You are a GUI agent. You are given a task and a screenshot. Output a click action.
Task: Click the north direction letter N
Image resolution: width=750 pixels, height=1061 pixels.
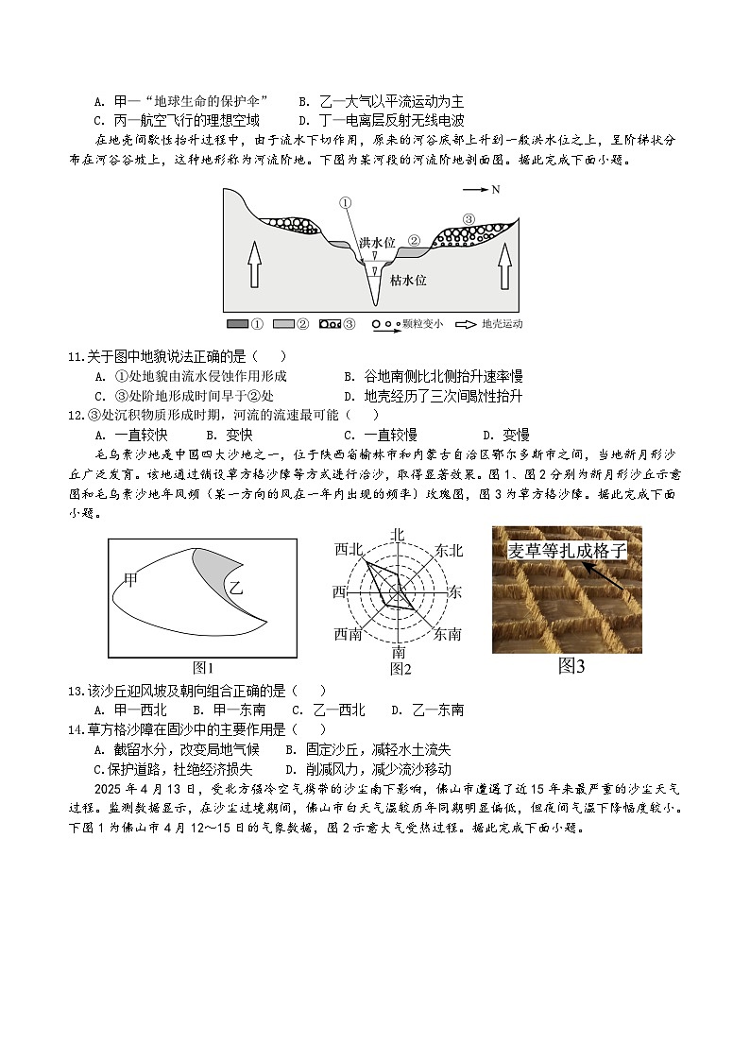(x=496, y=190)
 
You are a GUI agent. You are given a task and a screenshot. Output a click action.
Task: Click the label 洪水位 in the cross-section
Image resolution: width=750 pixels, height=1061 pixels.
(x=376, y=243)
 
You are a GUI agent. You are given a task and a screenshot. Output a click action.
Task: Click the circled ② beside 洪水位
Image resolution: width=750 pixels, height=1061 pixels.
(x=413, y=240)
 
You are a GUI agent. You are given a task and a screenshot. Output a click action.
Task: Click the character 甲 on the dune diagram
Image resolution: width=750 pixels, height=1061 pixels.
(x=130, y=578)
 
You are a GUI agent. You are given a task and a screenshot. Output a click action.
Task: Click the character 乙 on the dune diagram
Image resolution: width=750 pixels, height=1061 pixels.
(x=236, y=588)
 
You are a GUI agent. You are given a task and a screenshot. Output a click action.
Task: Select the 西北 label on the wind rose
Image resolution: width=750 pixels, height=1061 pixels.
(x=349, y=549)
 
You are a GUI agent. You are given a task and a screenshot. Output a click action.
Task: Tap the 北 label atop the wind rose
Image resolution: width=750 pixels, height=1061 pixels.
(x=398, y=535)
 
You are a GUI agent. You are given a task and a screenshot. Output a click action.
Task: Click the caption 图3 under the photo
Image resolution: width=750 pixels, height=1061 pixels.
(x=571, y=666)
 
